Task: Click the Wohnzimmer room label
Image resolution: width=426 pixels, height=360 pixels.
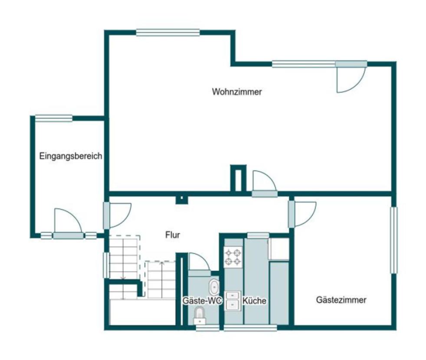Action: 237,92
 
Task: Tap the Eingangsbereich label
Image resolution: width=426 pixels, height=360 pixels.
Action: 71,156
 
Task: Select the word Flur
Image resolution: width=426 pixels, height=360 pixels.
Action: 173,235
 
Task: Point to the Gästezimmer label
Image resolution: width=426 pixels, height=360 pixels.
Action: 341,300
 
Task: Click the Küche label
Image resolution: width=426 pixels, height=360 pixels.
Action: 254,301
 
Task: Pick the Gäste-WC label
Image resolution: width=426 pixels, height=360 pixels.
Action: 202,301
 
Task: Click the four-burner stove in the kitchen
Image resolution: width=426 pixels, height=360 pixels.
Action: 233,257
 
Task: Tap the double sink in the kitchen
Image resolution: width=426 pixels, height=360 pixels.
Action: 233,301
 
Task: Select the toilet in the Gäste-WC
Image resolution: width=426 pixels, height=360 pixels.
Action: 200,316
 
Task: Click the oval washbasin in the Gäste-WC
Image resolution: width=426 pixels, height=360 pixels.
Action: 214,287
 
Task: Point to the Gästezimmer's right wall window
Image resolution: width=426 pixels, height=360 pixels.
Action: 393,240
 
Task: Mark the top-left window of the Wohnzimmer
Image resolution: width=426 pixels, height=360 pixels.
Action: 168,33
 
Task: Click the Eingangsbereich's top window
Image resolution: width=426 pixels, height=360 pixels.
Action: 54,118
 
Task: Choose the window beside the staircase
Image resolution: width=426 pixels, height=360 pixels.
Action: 107,265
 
